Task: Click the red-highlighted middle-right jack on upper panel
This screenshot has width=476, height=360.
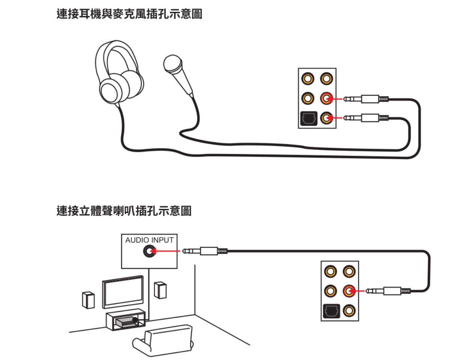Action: pos(327,99)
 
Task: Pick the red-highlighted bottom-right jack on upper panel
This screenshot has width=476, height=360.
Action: pos(327,119)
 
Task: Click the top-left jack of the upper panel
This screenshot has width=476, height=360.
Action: pos(308,79)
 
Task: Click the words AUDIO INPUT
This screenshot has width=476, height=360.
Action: pos(149,240)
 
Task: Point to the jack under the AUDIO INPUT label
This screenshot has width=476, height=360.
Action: pos(149,252)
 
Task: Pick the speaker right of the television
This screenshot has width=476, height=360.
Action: pos(161,290)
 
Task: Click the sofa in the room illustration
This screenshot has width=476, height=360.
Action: pos(164,341)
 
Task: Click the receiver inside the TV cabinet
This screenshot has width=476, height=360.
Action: pos(126,322)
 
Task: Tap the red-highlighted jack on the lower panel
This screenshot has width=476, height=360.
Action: pos(349,291)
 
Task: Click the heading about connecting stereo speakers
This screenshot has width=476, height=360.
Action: pos(124,211)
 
